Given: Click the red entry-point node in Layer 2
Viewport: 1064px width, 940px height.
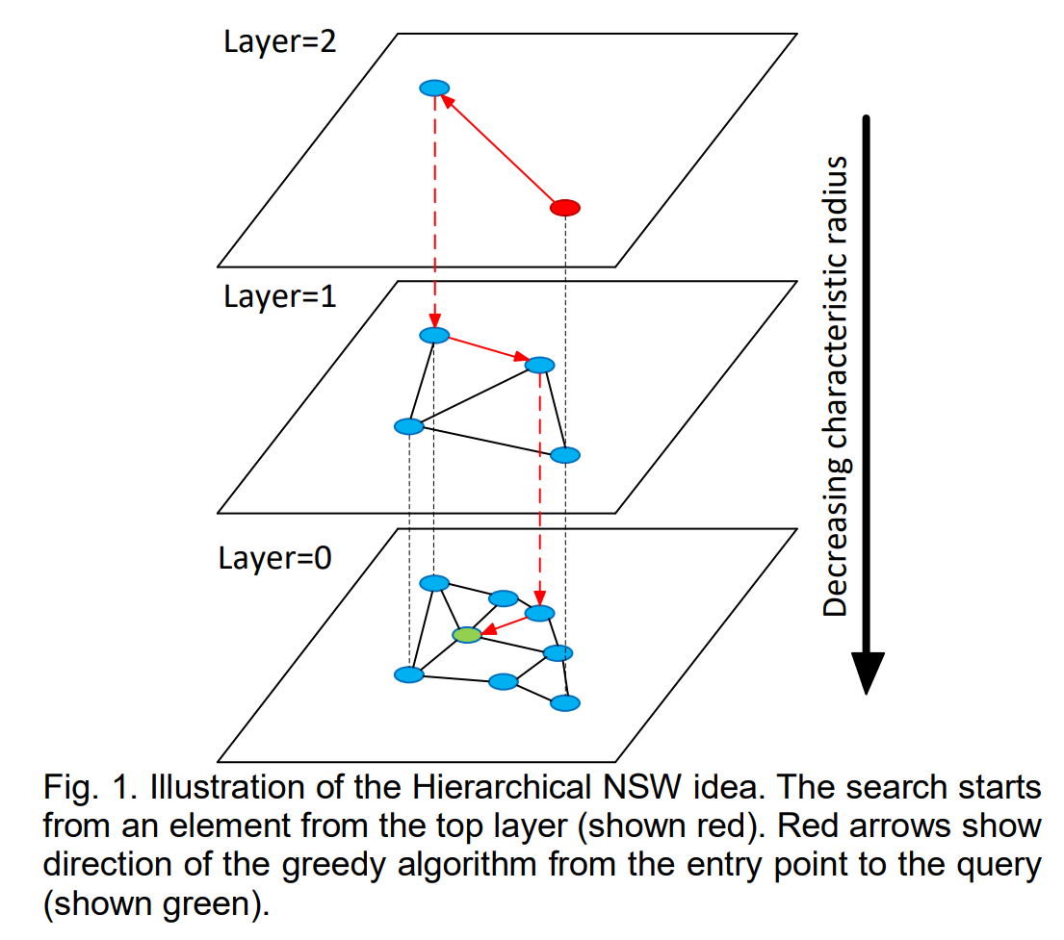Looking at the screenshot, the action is tap(564, 208).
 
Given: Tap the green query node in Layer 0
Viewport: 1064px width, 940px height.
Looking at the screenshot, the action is tap(467, 635).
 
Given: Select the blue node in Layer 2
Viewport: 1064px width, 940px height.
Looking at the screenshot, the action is tap(434, 89).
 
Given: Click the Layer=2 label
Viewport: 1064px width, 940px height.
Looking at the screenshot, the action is tap(279, 42).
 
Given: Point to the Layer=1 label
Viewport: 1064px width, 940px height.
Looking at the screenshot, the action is tap(279, 297).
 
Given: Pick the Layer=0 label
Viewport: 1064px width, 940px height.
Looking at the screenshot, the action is tap(274, 558).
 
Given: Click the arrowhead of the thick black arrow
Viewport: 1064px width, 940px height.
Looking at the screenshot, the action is tap(867, 672).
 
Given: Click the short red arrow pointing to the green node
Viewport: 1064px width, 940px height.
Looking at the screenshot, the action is tap(505, 624).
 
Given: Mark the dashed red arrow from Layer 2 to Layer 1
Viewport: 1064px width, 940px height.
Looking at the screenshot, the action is tap(435, 212).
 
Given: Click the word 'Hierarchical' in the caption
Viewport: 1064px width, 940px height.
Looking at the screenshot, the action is tap(502, 788).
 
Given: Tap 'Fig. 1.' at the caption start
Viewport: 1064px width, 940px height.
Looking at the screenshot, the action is tap(91, 788).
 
